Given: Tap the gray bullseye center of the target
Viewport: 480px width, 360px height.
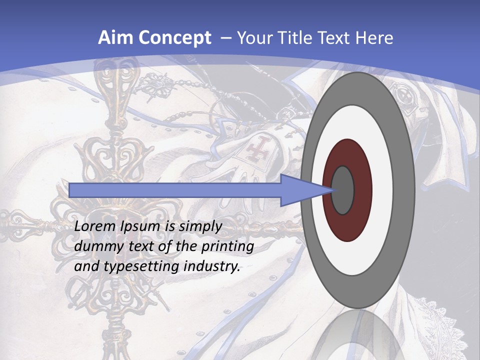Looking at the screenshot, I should [343, 190].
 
